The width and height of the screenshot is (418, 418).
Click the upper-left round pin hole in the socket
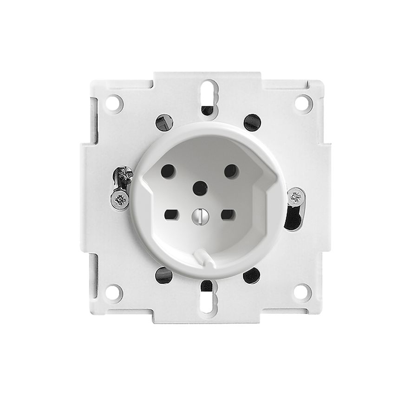(168, 172)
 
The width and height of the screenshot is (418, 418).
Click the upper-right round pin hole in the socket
(231, 171)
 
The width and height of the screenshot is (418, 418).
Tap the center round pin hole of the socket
(200, 188)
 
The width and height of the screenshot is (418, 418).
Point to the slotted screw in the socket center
(199, 215)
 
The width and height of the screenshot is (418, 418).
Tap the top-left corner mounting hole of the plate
(114, 103)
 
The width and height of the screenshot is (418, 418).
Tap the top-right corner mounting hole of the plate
(302, 103)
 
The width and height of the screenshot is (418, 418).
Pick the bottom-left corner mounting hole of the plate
(114, 293)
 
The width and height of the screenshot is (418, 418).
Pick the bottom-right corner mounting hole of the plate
(302, 292)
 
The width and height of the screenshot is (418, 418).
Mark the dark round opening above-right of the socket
(252, 122)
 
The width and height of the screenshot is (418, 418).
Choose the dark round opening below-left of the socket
(164, 275)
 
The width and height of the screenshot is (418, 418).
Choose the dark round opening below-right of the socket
(251, 275)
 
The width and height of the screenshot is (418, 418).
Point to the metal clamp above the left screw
(124, 177)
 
